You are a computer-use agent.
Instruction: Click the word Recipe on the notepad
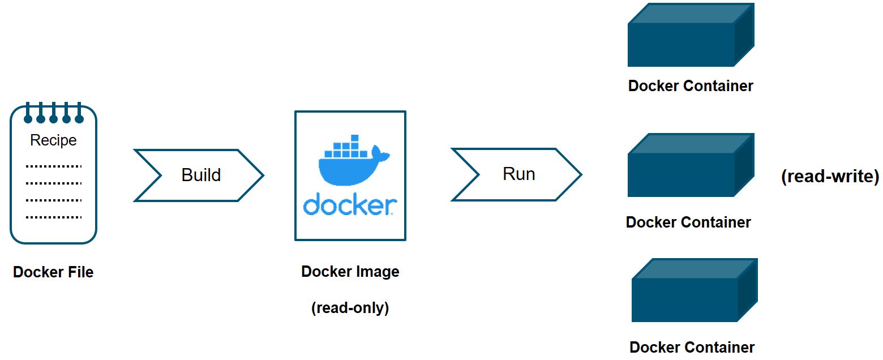point(53,140)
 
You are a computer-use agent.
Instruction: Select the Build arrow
point(199,175)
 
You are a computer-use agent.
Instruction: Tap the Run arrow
point(517,174)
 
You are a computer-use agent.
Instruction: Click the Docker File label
point(53,272)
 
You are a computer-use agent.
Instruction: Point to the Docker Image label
point(350,272)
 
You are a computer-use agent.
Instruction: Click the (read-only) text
point(350,308)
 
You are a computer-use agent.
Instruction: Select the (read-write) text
point(830,177)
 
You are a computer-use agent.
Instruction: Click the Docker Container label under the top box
point(691,86)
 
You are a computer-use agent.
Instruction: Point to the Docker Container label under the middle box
point(688,222)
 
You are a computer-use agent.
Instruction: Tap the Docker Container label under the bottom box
point(692,347)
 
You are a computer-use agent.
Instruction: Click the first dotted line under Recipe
point(54,166)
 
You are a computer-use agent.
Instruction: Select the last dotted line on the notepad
point(54,217)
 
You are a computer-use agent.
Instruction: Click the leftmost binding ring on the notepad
point(28,118)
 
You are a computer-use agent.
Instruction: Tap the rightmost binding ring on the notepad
point(79,118)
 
